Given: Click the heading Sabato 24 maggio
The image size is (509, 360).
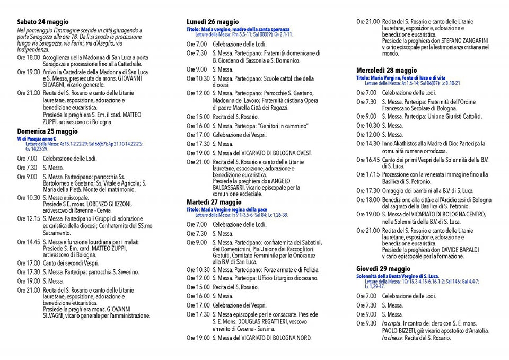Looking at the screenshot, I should pyautogui.click(x=43, y=22).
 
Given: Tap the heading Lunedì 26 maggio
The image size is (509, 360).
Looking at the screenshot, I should pyautogui.click(x=213, y=22).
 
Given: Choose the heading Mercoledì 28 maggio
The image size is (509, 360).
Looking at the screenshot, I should pyautogui.click(x=387, y=71).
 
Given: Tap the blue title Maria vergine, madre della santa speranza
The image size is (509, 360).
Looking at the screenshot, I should pyautogui.click(x=238, y=29).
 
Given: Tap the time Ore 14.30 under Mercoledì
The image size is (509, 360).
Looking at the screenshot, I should pyautogui.click(x=368, y=143).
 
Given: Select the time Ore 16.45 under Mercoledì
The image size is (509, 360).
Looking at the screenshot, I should pyautogui.click(x=368, y=160).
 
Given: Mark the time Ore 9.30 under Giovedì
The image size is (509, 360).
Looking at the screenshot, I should pyautogui.click(x=366, y=323).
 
